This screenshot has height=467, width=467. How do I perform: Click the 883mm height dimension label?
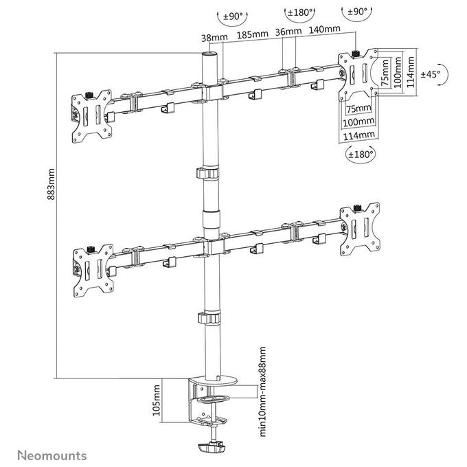[51, 184]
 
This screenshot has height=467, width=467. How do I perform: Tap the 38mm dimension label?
[214, 38]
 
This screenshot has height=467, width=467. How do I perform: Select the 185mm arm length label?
[252, 34]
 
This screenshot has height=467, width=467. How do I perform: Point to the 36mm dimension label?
[288, 32]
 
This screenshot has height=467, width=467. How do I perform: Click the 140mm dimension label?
[324, 29]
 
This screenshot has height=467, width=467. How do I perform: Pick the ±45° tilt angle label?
[430, 74]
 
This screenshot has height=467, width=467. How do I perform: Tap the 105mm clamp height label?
[156, 400]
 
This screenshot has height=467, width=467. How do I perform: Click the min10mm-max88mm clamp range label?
[262, 391]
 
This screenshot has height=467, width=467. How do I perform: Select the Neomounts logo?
[52, 456]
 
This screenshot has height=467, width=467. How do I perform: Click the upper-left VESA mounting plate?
[92, 116]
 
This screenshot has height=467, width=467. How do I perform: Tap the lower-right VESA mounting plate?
[360, 229]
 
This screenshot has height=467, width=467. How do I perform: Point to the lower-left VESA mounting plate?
[93, 271]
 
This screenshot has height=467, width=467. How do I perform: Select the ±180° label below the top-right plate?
[361, 155]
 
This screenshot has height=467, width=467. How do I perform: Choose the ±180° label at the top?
[300, 13]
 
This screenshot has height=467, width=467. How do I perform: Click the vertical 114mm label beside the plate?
[411, 72]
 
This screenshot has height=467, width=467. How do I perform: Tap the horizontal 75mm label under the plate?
[358, 109]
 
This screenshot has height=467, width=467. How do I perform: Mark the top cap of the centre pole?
[209, 54]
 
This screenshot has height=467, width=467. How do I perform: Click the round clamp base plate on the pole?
[213, 380]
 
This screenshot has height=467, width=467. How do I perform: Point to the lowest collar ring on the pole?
[209, 318]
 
